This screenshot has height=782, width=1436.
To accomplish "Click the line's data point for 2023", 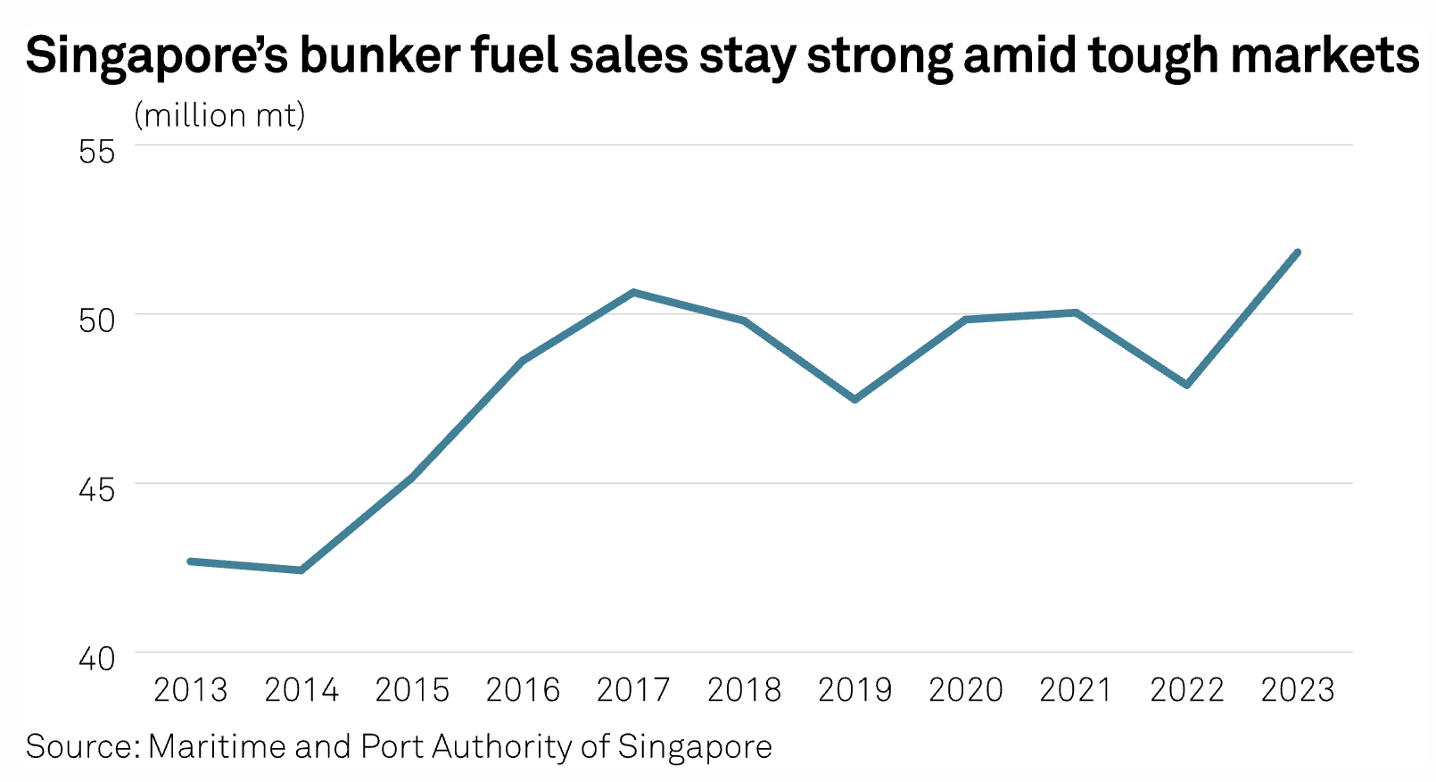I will (x=1298, y=253).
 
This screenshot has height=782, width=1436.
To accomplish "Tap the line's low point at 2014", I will (x=301, y=570).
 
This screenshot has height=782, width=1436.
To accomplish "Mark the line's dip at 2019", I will (x=854, y=399).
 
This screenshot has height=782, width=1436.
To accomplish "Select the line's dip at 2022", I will (x=1187, y=385).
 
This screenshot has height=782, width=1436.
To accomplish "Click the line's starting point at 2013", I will (x=191, y=562).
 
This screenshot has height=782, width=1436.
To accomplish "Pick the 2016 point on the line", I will (x=523, y=361).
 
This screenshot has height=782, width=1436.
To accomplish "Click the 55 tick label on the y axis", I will (x=97, y=151).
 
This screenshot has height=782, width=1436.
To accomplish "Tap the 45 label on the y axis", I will (x=97, y=489).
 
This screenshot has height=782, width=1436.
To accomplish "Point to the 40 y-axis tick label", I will (x=97, y=659).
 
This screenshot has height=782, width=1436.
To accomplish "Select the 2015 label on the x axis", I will (x=412, y=690).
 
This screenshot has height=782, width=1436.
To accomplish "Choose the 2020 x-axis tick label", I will (x=966, y=690).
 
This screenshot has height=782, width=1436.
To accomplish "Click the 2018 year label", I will (x=744, y=690).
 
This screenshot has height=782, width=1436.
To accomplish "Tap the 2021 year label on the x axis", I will (x=1077, y=690).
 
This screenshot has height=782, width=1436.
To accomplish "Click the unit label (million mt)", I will (x=219, y=115).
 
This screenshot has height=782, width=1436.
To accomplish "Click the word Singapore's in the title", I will (x=157, y=55).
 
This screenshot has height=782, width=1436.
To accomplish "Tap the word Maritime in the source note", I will (x=217, y=746).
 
